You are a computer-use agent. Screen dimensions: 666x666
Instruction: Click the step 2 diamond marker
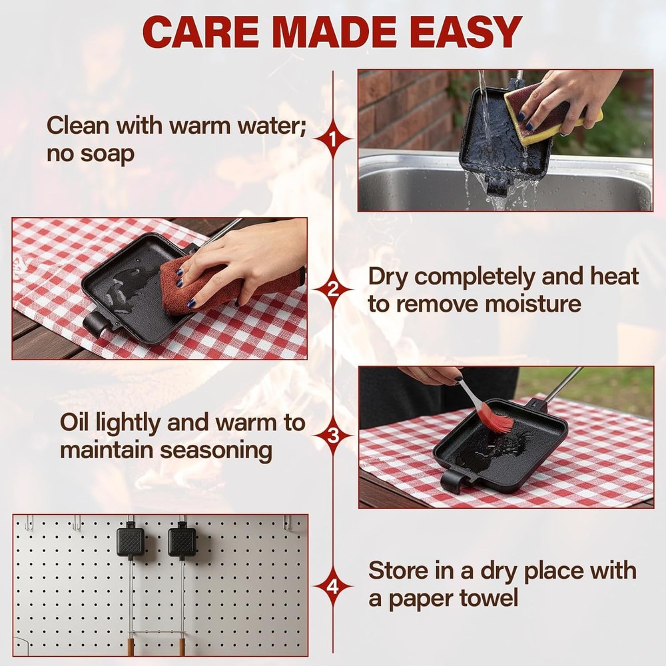coord(333,289)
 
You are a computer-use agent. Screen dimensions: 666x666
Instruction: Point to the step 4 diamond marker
coord(333,587)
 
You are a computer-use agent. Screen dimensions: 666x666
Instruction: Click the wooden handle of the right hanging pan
coord(181,647)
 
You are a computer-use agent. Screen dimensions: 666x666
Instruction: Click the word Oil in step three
coord(77,422)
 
